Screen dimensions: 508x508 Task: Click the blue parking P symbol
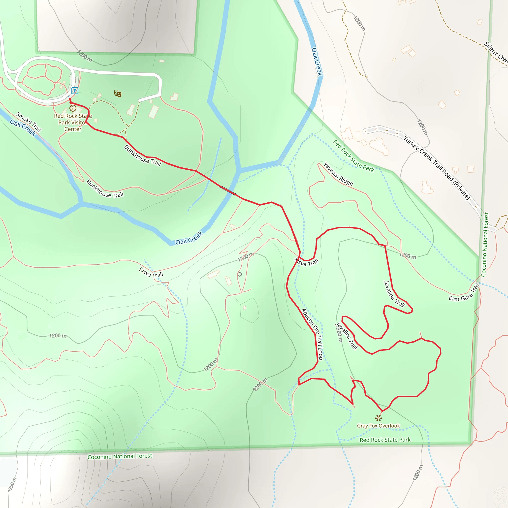75,91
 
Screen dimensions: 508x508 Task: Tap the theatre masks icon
118,94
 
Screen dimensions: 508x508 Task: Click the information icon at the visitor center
73,108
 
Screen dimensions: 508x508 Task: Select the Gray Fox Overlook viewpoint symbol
378,418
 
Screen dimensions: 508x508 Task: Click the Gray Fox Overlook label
378,426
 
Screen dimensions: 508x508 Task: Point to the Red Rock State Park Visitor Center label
73,123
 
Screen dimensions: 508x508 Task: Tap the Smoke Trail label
29,122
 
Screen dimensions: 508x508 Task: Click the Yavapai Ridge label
338,174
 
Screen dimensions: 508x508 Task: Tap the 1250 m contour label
12,484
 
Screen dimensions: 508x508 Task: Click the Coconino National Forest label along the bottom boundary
120,456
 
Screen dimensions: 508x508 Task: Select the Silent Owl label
496,53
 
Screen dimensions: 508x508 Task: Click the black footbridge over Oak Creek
228,190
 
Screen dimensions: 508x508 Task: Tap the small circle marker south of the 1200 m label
240,274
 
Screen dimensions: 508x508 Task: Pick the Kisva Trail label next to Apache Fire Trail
306,262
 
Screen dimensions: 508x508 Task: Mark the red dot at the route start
70,99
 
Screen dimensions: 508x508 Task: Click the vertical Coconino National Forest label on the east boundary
485,245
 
